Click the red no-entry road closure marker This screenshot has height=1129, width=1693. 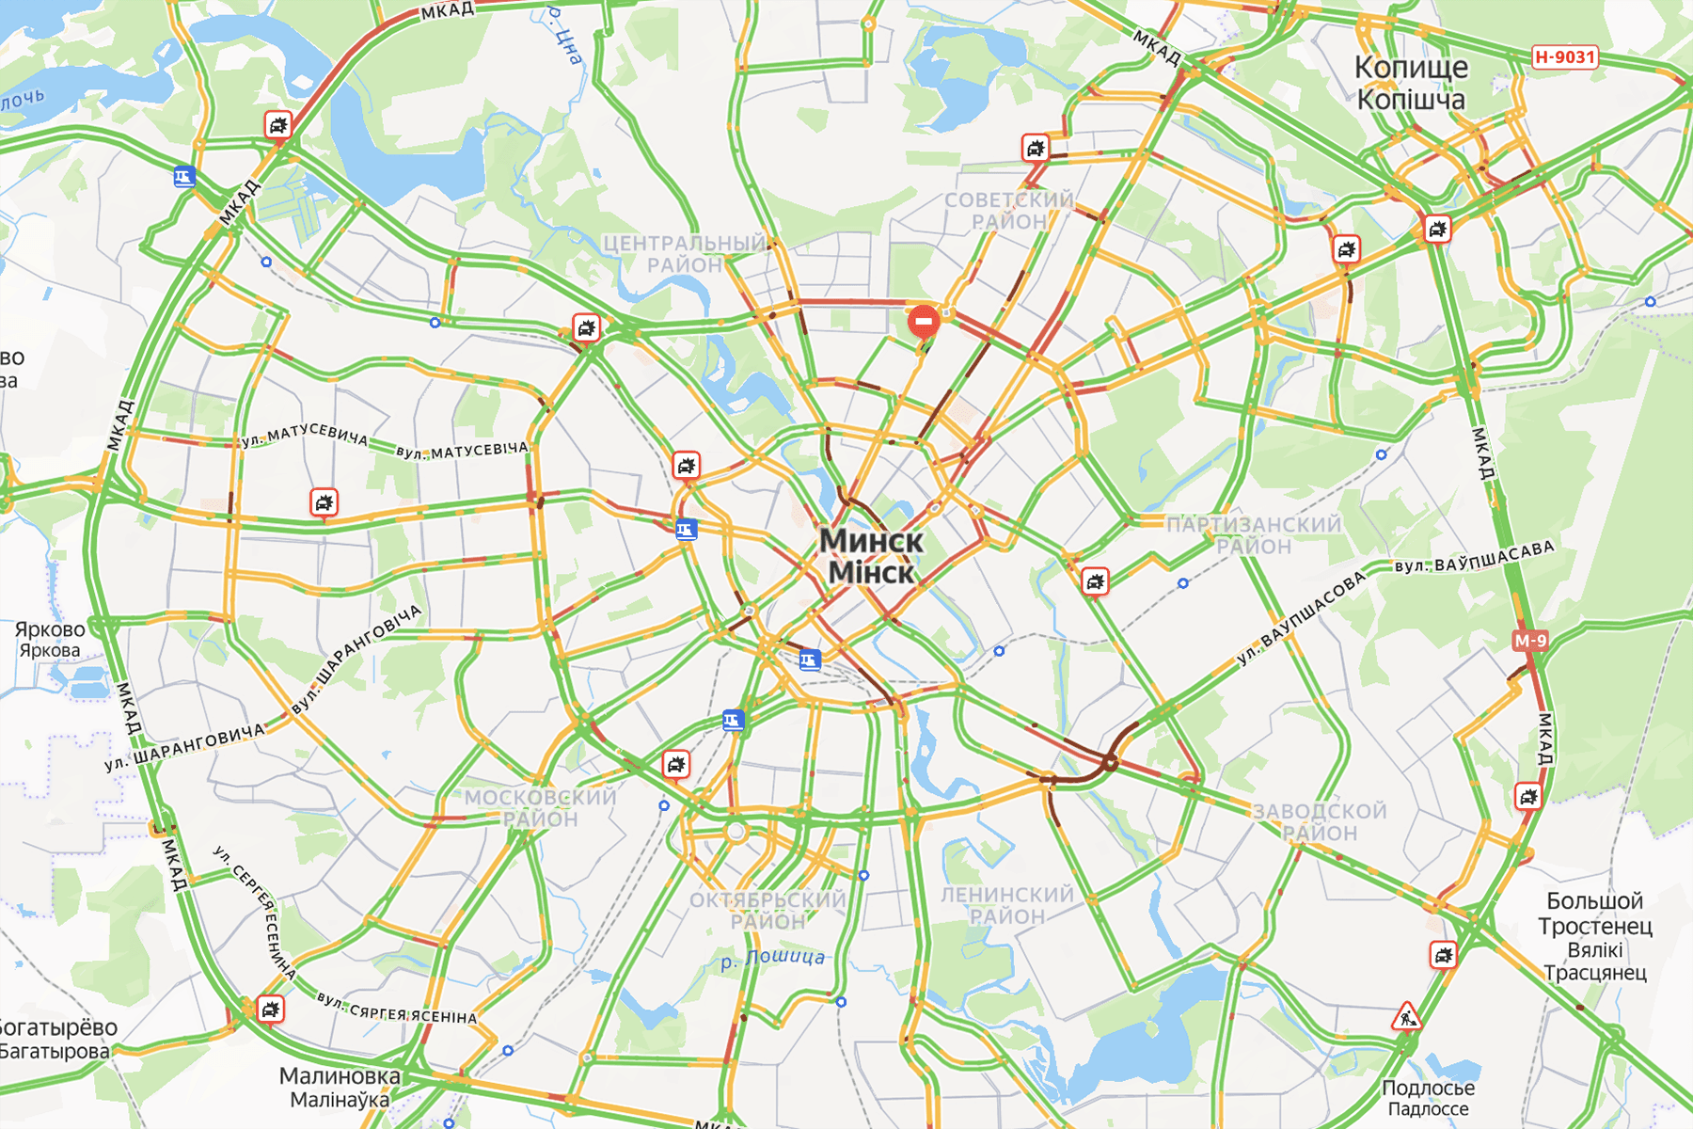click(924, 322)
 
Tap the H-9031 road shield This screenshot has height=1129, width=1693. click(1565, 56)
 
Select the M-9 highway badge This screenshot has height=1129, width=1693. click(1529, 641)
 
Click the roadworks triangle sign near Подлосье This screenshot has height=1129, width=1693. click(1406, 1017)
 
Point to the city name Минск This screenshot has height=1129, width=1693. click(871, 541)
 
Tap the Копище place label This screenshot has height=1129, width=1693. click(1411, 68)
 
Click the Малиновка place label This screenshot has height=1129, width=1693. click(340, 1075)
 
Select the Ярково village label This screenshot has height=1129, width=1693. click(50, 629)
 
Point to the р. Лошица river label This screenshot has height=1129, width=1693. click(773, 959)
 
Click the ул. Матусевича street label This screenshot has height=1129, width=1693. click(305, 435)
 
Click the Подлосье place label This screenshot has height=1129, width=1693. click(1428, 1088)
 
